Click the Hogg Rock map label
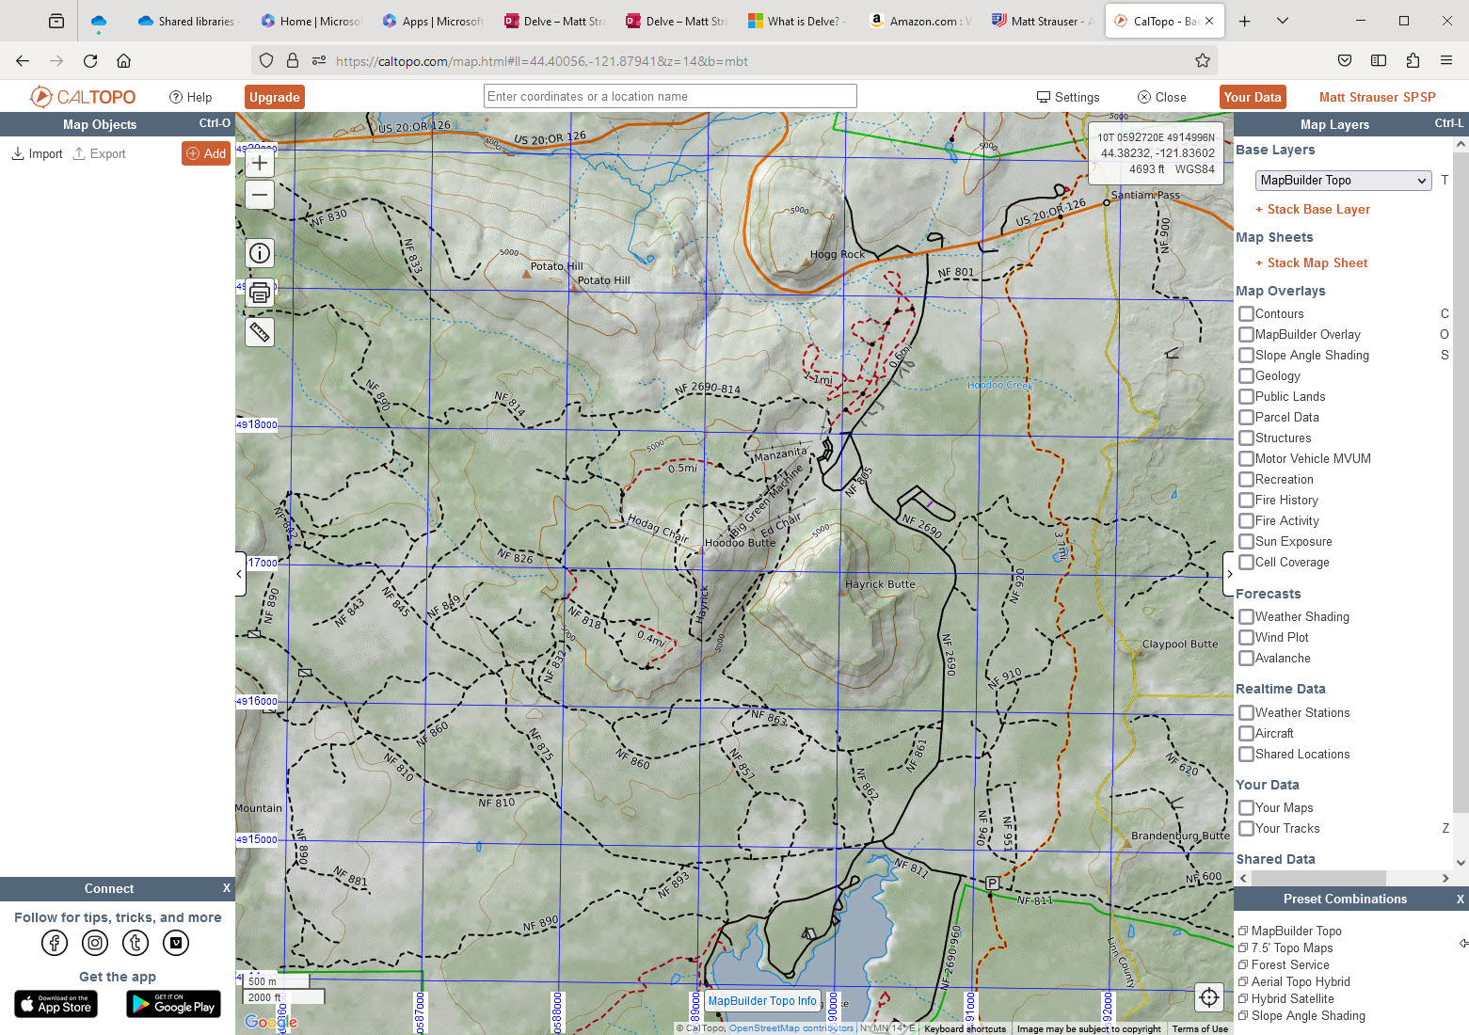pyautogui.click(x=837, y=254)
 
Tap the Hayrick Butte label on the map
pyautogui.click(x=880, y=584)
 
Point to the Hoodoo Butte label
pyautogui.click(x=740, y=543)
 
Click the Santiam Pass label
pyautogui.click(x=1144, y=195)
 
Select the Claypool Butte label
pyautogui.click(x=1179, y=645)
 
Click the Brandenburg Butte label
pyautogui.click(x=1180, y=836)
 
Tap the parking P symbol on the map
pyautogui.click(x=992, y=883)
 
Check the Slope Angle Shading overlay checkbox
pyautogui.click(x=1246, y=356)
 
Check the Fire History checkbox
pyautogui.click(x=1246, y=501)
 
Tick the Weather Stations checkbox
pyautogui.click(x=1246, y=713)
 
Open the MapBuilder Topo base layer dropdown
pyautogui.click(x=1343, y=181)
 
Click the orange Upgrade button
pyautogui.click(x=275, y=97)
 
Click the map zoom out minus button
pyautogui.click(x=260, y=196)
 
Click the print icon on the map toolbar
pyautogui.click(x=260, y=293)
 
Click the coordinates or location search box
pyautogui.click(x=669, y=96)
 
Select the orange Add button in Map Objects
pyautogui.click(x=206, y=153)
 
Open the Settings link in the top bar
pyautogui.click(x=1068, y=97)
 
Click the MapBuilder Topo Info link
pyautogui.click(x=762, y=1001)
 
